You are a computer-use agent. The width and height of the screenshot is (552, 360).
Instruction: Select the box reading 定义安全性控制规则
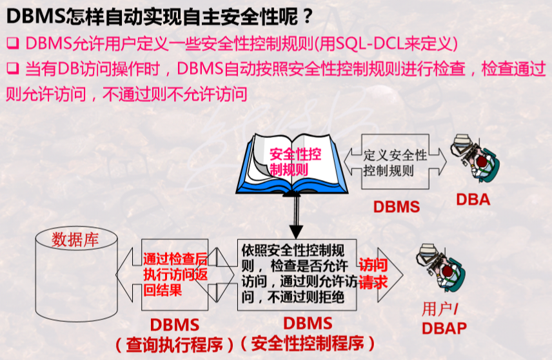395,163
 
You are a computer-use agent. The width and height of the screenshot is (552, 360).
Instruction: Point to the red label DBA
473,200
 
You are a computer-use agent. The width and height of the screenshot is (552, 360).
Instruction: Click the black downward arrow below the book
296,219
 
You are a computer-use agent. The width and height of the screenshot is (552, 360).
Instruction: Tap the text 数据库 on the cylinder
75,240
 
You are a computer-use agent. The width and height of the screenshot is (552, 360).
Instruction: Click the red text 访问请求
373,274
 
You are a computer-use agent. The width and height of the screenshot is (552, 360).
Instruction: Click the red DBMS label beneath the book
396,207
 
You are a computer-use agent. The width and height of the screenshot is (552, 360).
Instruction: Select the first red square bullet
11,44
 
